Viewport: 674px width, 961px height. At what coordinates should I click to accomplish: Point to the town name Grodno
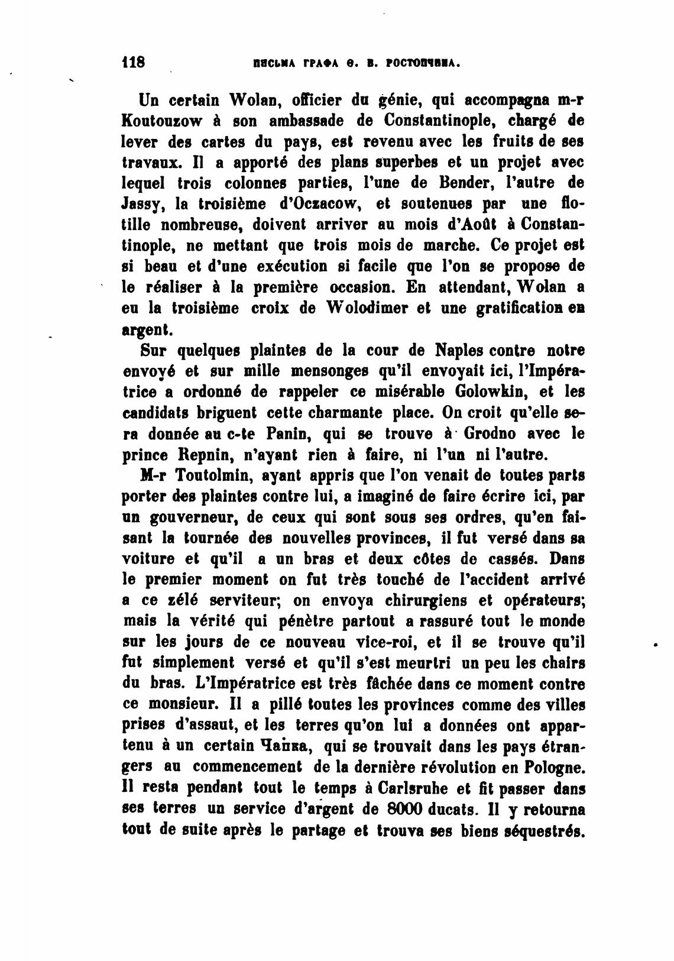pos(488,433)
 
